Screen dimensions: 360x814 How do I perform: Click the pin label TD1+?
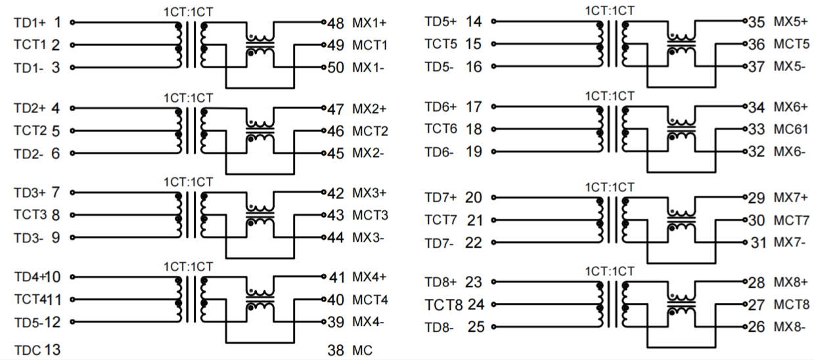[x=30, y=23]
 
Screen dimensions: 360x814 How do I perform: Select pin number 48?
[x=336, y=24]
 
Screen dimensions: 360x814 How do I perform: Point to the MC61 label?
[x=790, y=129]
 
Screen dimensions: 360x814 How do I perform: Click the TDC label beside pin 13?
[x=27, y=349]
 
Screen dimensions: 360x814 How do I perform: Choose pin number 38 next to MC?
[x=336, y=350]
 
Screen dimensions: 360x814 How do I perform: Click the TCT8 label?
[x=443, y=305]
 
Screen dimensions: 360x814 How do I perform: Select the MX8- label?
[x=790, y=326]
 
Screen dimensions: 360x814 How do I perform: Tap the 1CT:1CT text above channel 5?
[x=610, y=11]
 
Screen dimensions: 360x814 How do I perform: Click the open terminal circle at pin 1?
[x=72, y=23]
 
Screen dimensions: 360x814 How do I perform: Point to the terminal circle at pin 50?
[x=324, y=68]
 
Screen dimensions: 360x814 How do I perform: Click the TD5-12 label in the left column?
[x=37, y=323]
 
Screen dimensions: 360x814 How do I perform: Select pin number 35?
[x=756, y=22]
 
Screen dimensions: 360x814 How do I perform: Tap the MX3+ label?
[x=369, y=194]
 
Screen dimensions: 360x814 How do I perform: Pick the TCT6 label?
[x=441, y=129]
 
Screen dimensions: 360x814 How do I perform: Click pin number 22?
[x=473, y=243]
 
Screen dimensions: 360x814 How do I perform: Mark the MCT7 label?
[x=791, y=220]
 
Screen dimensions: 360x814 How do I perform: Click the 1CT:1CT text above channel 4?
[x=188, y=267]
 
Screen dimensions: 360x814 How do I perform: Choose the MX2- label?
[x=369, y=154]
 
